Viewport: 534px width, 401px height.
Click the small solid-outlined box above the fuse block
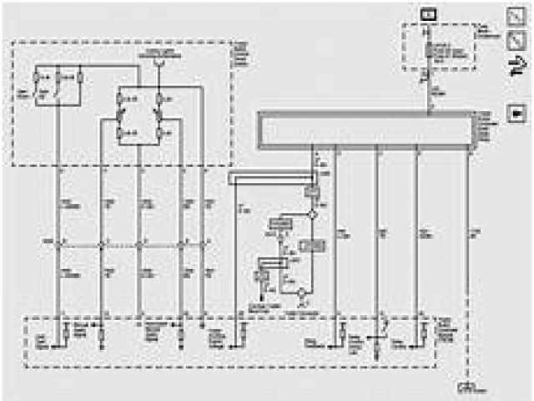click(428, 13)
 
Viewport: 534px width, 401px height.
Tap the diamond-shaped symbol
click(313, 215)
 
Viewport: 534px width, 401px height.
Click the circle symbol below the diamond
click(303, 293)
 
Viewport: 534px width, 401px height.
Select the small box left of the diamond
click(279, 224)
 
